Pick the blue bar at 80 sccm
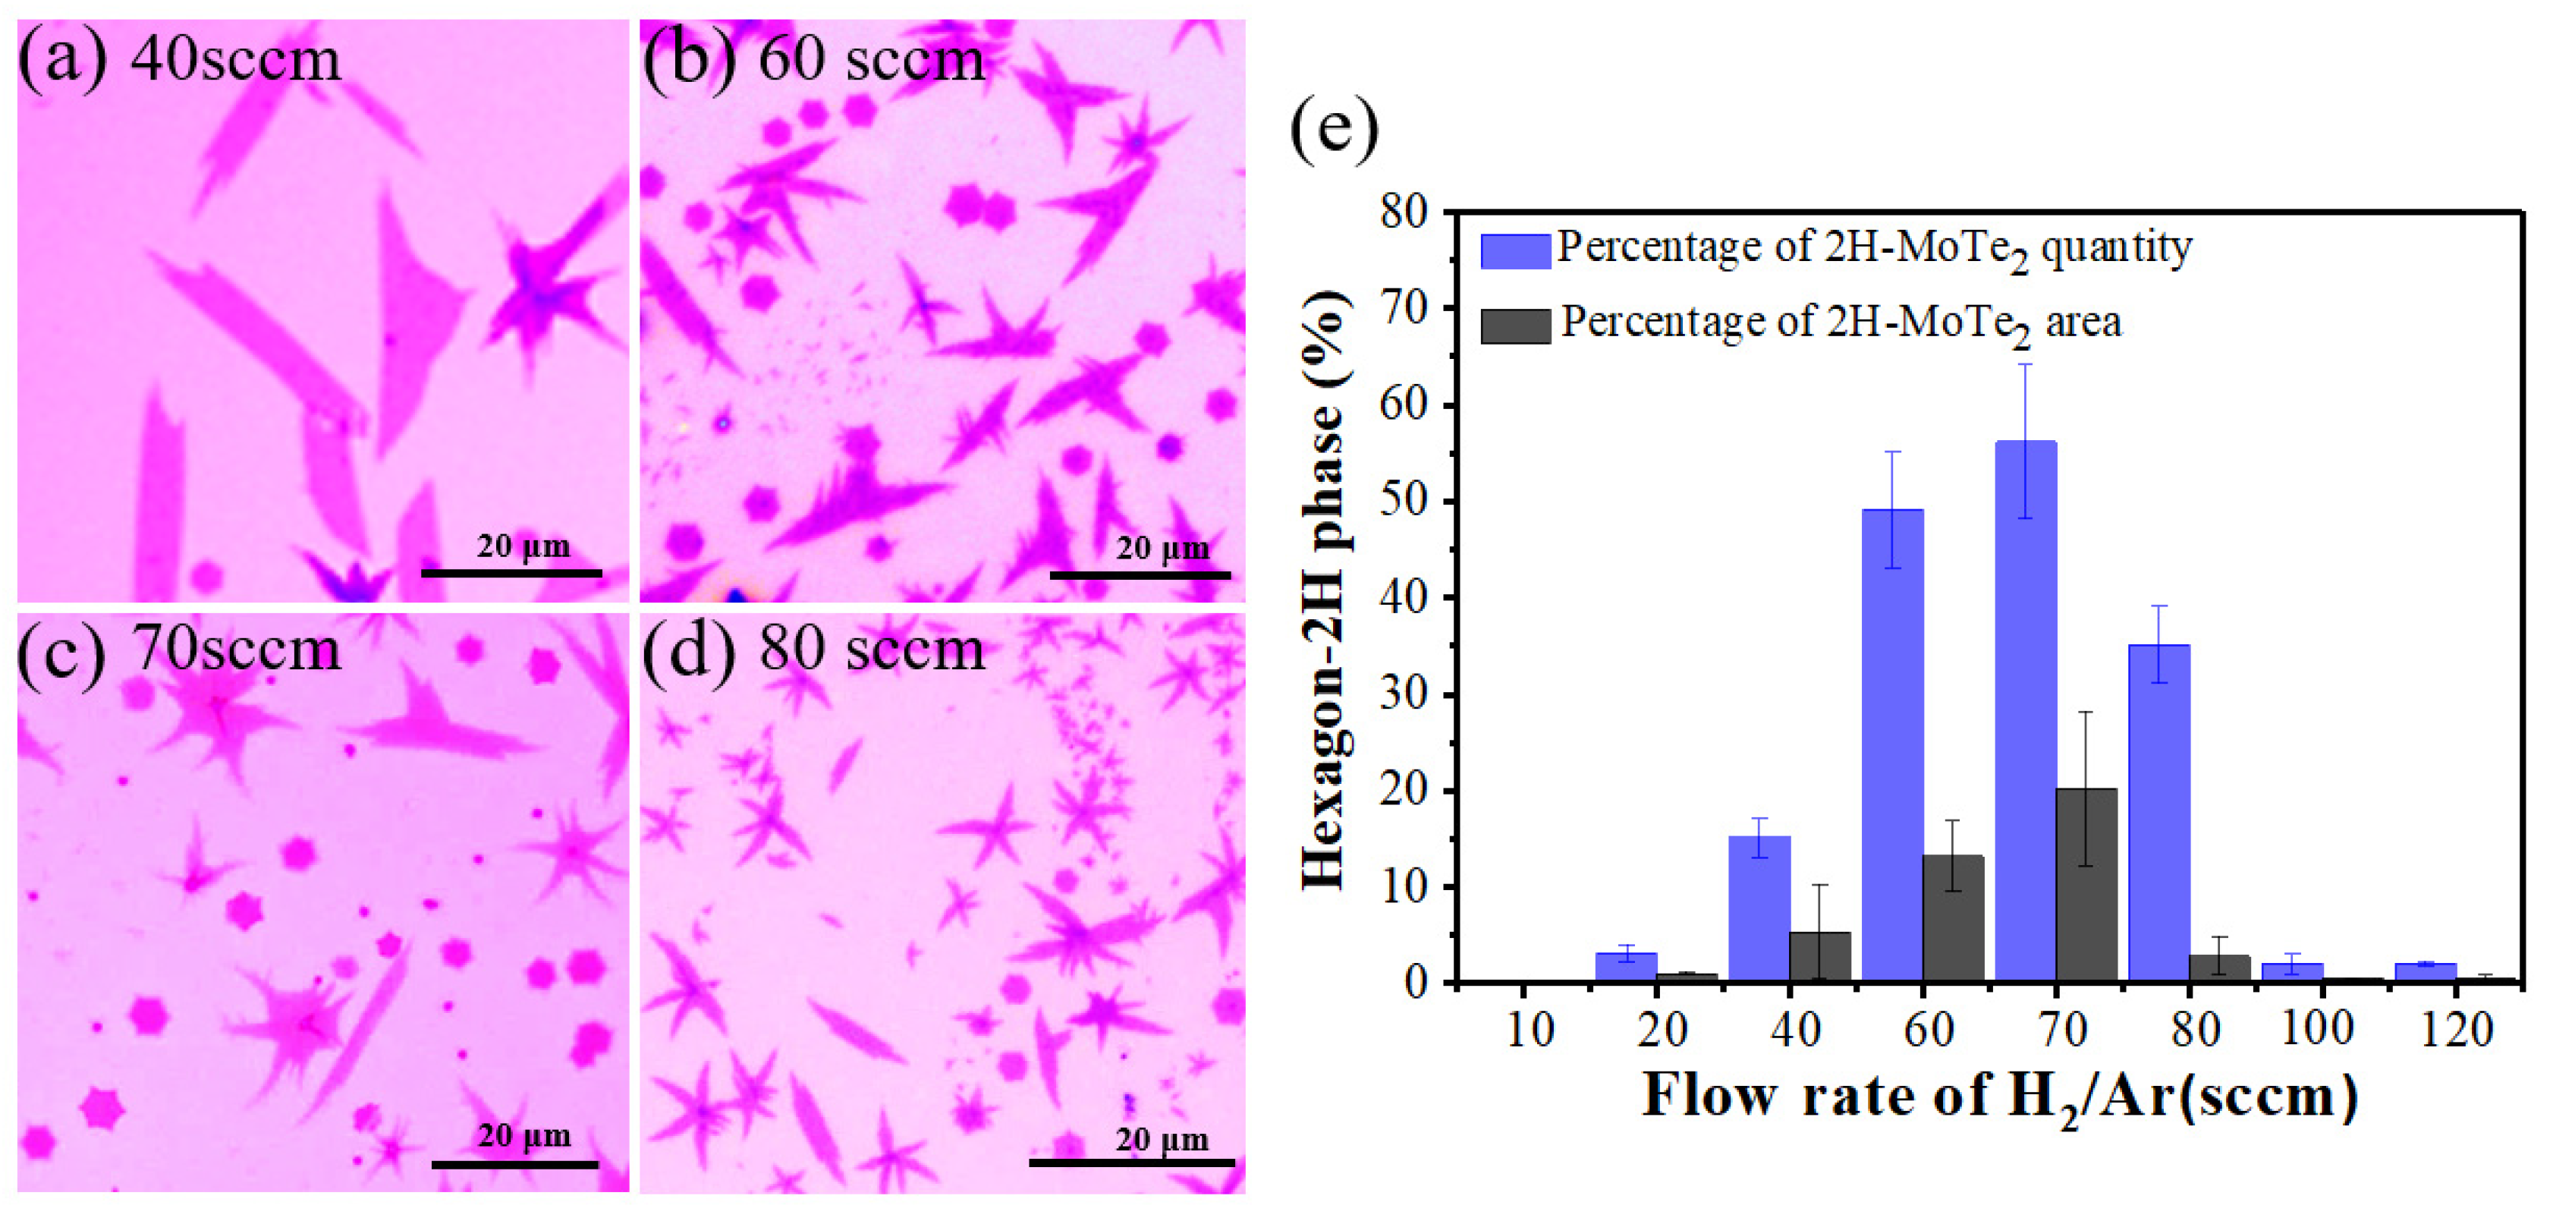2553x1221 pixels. pyautogui.click(x=2159, y=813)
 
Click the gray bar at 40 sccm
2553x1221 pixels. pyautogui.click(x=1819, y=956)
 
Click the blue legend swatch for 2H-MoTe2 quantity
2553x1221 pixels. pyautogui.click(x=1514, y=250)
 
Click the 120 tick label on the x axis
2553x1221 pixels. pyautogui.click(x=2456, y=1031)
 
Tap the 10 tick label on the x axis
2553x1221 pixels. pyautogui.click(x=1530, y=1031)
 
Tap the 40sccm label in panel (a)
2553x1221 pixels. pyautogui.click(x=235, y=59)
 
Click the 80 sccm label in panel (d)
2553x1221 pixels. pyautogui.click(x=872, y=649)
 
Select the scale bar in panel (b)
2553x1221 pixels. pyautogui.click(x=1140, y=574)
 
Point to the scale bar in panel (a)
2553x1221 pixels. pyautogui.click(x=511, y=573)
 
